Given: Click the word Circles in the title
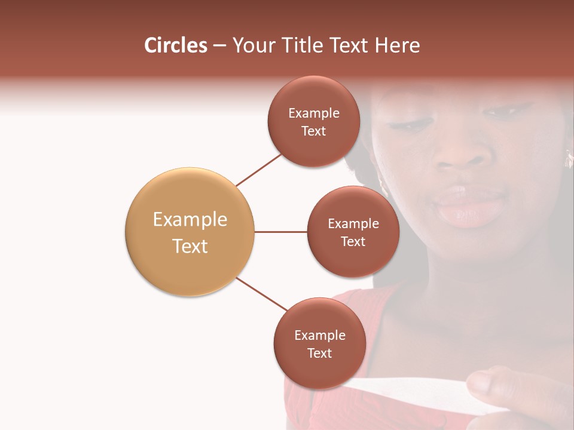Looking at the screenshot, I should [176, 45].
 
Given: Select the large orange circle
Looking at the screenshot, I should [190, 232].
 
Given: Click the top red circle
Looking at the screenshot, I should [313, 121].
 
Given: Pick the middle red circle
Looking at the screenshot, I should [353, 232].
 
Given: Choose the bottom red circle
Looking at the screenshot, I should [319, 343].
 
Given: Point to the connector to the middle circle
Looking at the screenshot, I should [280, 232].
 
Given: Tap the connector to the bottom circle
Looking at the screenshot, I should [261, 294].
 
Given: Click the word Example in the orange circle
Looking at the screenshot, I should [190, 220].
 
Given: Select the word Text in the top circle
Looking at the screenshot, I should [313, 131].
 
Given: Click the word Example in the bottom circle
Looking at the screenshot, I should [320, 335].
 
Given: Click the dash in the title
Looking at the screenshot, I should [219, 46].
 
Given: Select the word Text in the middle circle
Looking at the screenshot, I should [353, 241].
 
